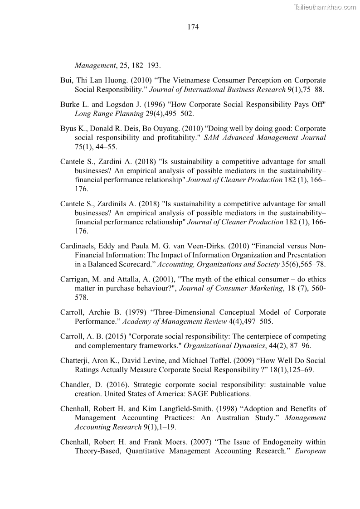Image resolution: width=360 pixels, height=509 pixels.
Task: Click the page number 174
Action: pos(193,27)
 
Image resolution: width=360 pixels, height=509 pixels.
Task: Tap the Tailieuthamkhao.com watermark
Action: pos(325,7)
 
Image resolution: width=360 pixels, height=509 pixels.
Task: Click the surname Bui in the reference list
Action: pos(66,80)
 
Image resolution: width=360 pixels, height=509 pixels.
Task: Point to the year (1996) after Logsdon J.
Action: pos(147,104)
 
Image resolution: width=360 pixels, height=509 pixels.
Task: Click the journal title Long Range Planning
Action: pos(105,113)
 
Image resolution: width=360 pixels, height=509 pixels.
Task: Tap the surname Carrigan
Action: pos(74,279)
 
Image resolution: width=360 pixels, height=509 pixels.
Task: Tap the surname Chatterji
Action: pos(75,360)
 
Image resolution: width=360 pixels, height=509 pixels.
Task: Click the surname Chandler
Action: pos(74,384)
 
